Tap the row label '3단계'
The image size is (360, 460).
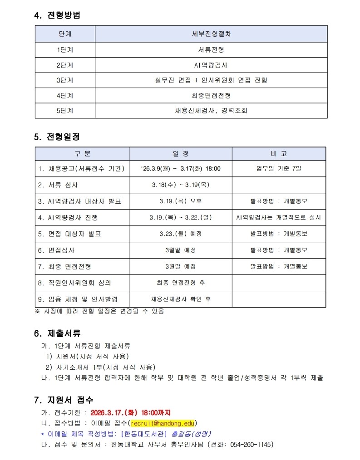65,80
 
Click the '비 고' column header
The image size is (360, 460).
279,154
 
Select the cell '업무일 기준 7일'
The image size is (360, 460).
279,169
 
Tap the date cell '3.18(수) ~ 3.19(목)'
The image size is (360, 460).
181,185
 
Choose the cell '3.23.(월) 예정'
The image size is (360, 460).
181,234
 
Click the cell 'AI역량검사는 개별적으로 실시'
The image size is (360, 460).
279,218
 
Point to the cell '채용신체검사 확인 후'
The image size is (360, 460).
181,299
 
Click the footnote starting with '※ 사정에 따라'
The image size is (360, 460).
99,311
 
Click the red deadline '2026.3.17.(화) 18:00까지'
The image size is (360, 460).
130,413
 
